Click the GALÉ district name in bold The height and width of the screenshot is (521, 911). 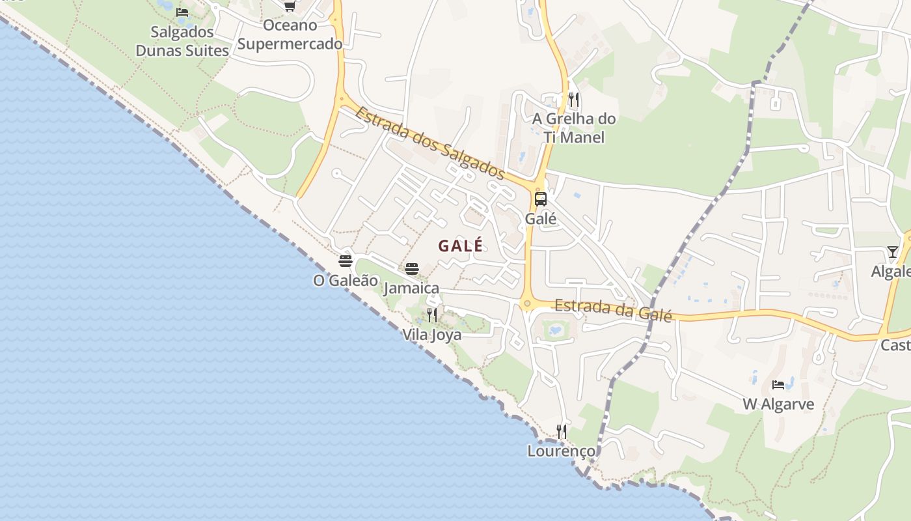461,246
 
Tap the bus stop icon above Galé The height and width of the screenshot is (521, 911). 541,199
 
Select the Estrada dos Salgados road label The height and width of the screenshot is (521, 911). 429,143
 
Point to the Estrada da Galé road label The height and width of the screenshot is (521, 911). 612,309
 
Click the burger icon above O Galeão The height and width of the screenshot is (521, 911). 346,261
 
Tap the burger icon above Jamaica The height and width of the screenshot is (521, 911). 412,269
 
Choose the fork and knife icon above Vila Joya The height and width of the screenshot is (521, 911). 432,316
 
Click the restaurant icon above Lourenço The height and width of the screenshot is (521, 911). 561,431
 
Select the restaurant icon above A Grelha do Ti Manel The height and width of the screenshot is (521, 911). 573,100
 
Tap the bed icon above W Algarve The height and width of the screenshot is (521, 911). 778,385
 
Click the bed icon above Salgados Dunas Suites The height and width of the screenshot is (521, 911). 182,12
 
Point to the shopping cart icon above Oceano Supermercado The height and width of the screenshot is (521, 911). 290,6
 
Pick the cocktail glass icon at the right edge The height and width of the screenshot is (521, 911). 892,252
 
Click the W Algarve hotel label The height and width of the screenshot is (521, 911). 778,404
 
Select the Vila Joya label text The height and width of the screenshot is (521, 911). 432,335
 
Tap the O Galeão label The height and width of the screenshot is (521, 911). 346,281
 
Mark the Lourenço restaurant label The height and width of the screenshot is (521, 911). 561,451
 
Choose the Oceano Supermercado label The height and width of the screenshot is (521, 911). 290,35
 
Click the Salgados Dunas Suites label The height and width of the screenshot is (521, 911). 182,41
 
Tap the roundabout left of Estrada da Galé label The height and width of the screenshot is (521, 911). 527,303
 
